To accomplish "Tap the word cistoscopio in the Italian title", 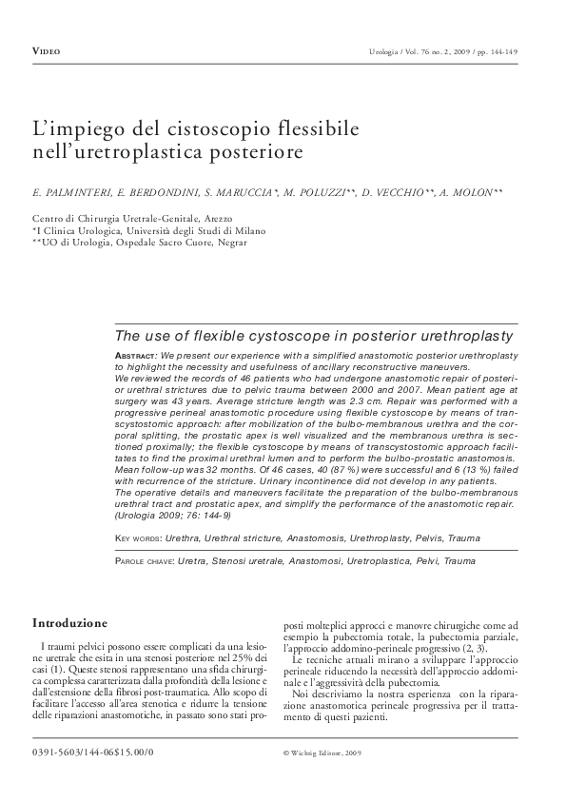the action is (227, 127).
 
